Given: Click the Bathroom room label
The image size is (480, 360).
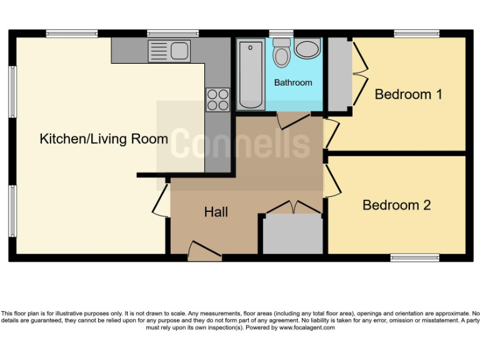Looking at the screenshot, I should pos(292,82).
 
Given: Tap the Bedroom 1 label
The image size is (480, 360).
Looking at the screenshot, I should pos(408,94).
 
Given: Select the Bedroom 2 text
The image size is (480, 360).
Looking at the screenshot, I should pos(396,205).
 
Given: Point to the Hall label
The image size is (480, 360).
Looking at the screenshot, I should pos(216,212).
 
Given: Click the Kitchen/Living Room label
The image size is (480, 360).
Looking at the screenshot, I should pos(104,139).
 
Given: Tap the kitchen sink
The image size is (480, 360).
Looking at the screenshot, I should pos(169,51).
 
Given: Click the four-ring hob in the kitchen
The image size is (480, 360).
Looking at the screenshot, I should pos(217,99).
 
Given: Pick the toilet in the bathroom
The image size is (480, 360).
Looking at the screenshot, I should pos(282,52).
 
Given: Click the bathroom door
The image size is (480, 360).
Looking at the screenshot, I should pos(292,121).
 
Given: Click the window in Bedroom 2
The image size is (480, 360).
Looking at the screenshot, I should pos(415,257).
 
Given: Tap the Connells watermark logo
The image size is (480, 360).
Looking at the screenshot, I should pos(241,143).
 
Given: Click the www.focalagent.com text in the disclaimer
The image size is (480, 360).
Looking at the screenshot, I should pos(306,327).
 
